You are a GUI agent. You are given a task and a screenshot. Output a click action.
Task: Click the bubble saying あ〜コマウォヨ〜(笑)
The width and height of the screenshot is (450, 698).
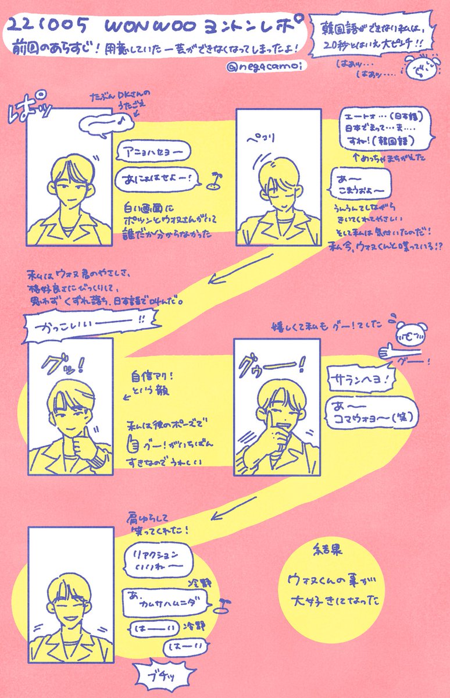click(x=372, y=412)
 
